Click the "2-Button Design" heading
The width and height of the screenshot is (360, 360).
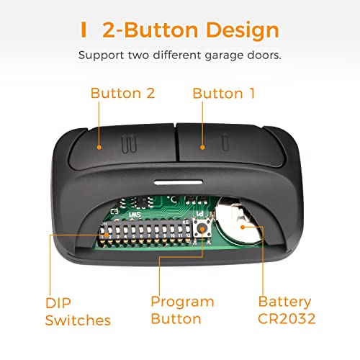click(191, 30)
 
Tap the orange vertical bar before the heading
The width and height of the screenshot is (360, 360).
click(84, 30)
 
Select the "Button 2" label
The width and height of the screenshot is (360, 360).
click(122, 93)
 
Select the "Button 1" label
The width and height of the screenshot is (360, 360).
click(224, 93)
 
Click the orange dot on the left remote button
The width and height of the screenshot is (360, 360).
click(99, 148)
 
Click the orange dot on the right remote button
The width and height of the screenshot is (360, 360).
click(202, 148)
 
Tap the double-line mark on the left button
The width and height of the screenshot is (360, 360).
click(129, 144)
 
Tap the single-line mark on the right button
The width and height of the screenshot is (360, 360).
click(225, 143)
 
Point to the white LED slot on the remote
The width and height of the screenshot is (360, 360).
click(178, 183)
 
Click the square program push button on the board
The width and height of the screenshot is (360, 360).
click(202, 229)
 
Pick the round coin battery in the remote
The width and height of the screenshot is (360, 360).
click(239, 221)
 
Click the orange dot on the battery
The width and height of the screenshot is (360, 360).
click(243, 227)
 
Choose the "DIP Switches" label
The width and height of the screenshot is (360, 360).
click(78, 312)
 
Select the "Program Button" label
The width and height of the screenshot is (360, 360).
click(182, 310)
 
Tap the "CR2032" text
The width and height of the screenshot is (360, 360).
click(287, 319)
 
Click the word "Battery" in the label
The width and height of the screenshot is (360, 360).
click(284, 302)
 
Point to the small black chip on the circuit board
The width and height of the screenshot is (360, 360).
click(142, 202)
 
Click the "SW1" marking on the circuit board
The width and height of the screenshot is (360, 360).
click(135, 215)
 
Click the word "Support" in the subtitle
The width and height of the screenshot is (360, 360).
click(102, 55)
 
